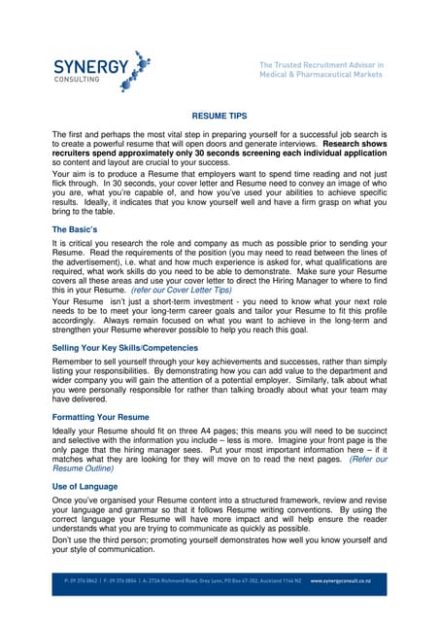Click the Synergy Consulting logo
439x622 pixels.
pyautogui.click(x=102, y=69)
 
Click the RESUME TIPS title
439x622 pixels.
pyautogui.click(x=219, y=115)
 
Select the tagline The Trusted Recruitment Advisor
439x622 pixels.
pyautogui.click(x=321, y=65)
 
